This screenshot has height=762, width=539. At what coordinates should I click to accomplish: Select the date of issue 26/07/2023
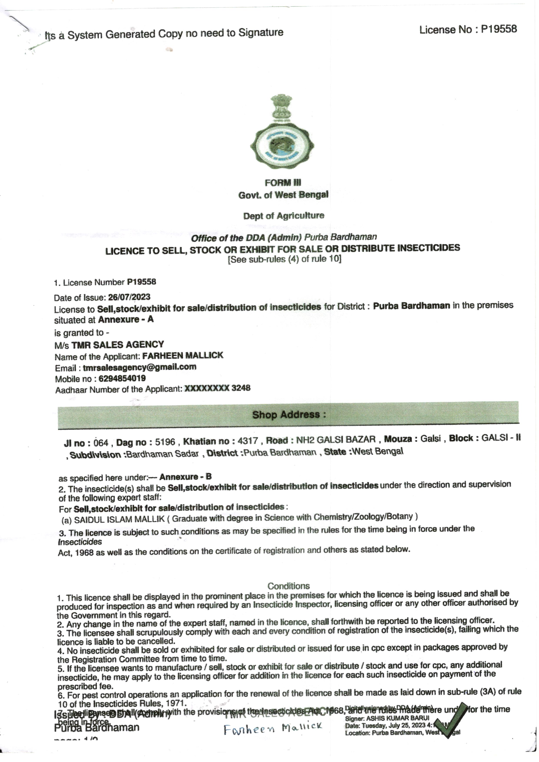click(x=129, y=297)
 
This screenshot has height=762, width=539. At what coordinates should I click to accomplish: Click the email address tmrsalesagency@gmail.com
click(x=139, y=367)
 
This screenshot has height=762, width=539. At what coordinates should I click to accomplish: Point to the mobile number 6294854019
click(x=122, y=378)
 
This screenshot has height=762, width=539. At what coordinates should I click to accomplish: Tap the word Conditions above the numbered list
click(x=289, y=586)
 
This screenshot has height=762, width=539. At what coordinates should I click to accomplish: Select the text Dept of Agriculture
click(x=284, y=216)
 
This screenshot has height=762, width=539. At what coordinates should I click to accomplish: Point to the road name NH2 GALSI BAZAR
click(x=336, y=440)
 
